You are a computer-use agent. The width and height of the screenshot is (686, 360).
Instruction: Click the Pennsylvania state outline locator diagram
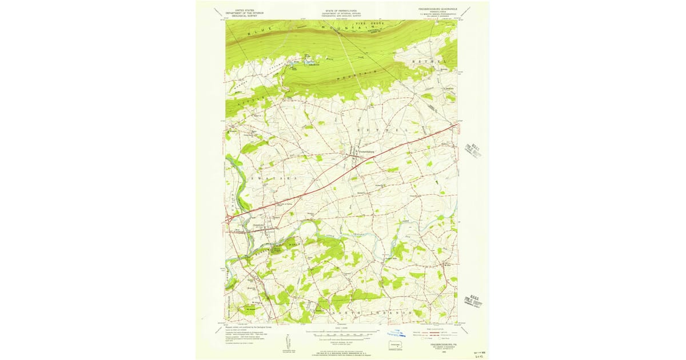[x=395, y=344]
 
